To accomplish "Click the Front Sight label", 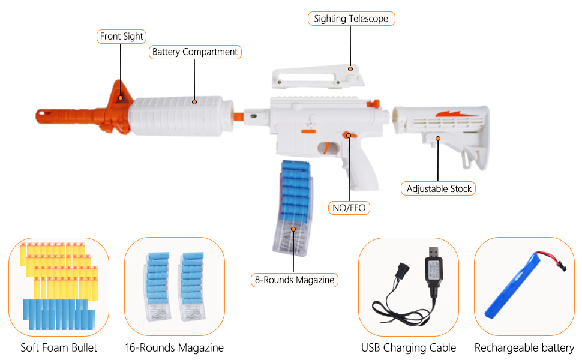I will pos(122,37).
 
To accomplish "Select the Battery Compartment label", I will pos(195,52).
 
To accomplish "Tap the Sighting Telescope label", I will pos(351,19).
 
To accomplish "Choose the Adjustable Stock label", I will pos(439,188).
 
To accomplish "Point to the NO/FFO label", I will pos(349,208).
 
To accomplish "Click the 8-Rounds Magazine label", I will pos(294,280).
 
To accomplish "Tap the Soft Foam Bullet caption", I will pos(59,347).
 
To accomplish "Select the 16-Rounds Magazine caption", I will pos(174,347).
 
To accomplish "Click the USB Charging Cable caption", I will pos(409,347).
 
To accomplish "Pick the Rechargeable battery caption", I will pos(524,347).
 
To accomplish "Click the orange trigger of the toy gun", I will pos(328,147).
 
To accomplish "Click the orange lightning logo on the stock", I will pos(454,113).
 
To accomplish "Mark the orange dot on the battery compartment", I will pos(194,102).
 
